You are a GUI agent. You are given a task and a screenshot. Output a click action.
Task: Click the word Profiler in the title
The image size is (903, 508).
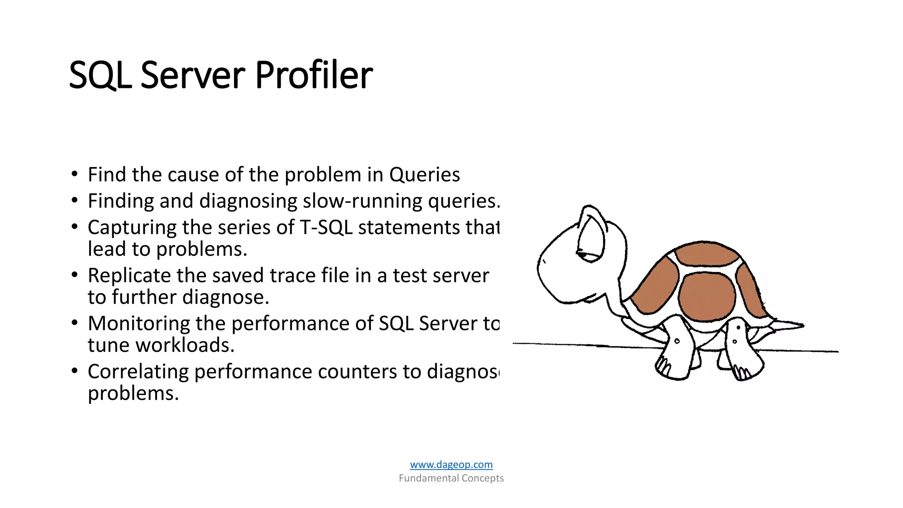pyautogui.click(x=313, y=75)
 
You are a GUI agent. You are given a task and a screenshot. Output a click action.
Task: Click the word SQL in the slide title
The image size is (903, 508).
pyautogui.click(x=100, y=75)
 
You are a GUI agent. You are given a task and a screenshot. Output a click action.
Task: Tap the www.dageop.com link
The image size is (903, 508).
pyautogui.click(x=451, y=464)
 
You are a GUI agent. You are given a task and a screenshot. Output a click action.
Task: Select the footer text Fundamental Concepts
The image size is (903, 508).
pyautogui.click(x=451, y=478)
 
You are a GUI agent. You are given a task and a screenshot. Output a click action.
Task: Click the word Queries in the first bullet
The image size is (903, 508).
pyautogui.click(x=424, y=175)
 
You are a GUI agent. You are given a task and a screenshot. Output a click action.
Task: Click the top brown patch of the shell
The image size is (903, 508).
pyautogui.click(x=706, y=254)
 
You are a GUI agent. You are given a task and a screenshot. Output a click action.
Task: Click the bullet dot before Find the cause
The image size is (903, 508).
pyautogui.click(x=75, y=174)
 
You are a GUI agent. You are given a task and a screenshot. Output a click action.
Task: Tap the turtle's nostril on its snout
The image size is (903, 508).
pyautogui.click(x=544, y=261)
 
